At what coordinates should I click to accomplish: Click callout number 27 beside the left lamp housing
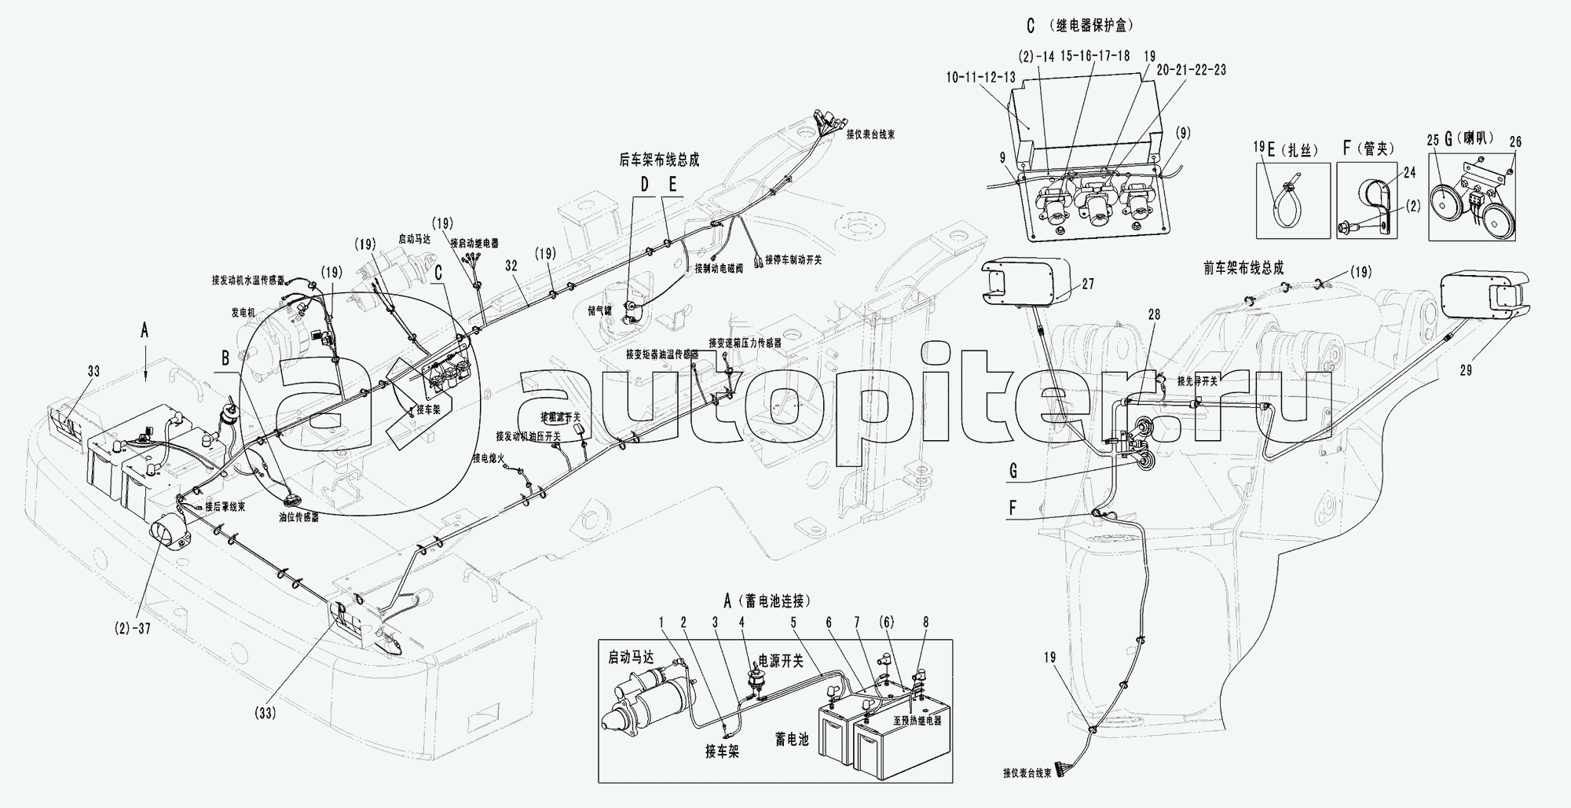pyautogui.click(x=1087, y=285)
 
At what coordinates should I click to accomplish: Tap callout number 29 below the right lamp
pyautogui.click(x=1467, y=370)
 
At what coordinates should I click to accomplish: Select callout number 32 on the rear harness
pyautogui.click(x=511, y=266)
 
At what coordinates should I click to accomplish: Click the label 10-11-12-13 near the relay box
pyautogui.click(x=982, y=78)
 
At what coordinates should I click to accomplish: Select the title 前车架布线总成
pyautogui.click(x=1244, y=268)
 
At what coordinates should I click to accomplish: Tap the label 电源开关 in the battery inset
pyautogui.click(x=781, y=661)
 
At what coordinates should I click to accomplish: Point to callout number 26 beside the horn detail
pyautogui.click(x=1515, y=142)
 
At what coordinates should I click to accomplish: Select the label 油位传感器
pyautogui.click(x=298, y=519)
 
